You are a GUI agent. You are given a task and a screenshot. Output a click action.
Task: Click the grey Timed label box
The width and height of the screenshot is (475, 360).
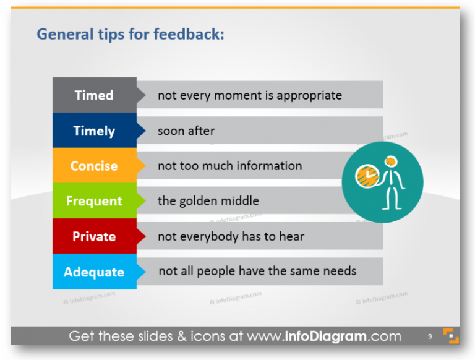pyautogui.click(x=94, y=95)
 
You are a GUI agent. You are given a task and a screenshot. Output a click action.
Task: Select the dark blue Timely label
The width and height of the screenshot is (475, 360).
pyautogui.click(x=94, y=131)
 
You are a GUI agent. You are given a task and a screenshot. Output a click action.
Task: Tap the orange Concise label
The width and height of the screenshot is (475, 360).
pyautogui.click(x=94, y=166)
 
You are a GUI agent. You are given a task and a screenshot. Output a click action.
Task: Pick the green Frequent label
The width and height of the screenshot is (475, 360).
pyautogui.click(x=94, y=201)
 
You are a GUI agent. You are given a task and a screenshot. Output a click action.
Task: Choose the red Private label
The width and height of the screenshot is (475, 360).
pyautogui.click(x=94, y=236)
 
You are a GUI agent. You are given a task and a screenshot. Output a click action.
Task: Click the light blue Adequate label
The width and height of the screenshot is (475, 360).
pyautogui.click(x=94, y=272)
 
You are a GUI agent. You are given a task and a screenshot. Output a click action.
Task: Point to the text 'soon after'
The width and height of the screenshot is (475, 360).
pyautogui.click(x=186, y=131)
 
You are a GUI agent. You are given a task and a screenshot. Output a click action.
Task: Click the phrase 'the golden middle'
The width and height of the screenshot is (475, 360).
pyautogui.click(x=208, y=201)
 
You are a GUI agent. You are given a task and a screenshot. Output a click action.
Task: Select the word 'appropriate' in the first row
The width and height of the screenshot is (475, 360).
pyautogui.click(x=309, y=96)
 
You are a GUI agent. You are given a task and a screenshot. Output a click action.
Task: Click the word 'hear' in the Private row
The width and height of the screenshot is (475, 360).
pyautogui.click(x=292, y=236)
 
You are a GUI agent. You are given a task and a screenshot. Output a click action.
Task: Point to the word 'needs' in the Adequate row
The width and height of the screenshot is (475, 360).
pyautogui.click(x=340, y=271)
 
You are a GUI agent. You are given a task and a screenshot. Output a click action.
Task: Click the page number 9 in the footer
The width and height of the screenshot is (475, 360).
pyautogui.click(x=430, y=337)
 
